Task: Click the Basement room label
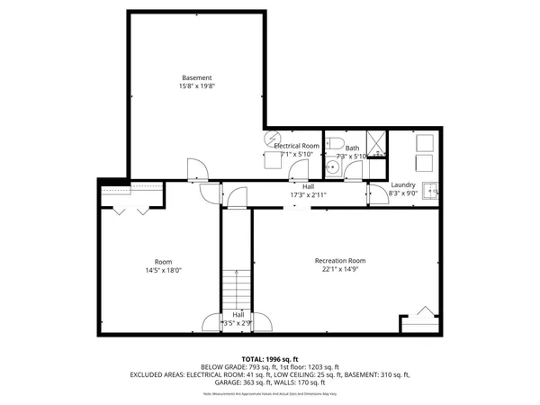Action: [x=196, y=78]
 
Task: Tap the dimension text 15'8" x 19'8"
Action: [x=196, y=87]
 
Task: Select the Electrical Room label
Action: [x=297, y=146]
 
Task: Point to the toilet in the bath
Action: [x=333, y=142]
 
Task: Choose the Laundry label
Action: [x=402, y=184]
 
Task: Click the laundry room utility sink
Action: [x=432, y=190]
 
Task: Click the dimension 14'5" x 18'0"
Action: [x=163, y=270]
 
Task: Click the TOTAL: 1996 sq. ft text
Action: [x=270, y=358]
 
